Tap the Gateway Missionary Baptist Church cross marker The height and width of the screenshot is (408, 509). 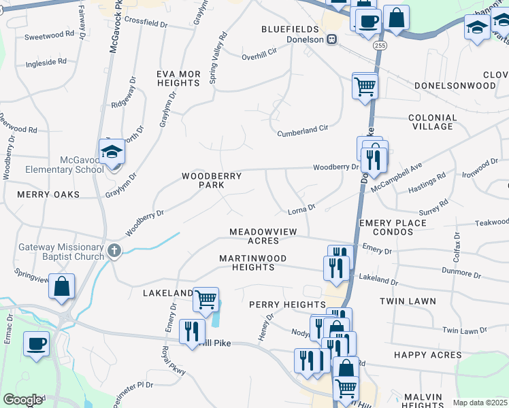pos(114,250)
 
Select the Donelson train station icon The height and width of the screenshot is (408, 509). pos(332,39)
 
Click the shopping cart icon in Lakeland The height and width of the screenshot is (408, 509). pos(205,298)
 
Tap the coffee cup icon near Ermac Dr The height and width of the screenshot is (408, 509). pos(36,343)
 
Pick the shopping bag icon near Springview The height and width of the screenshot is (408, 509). pos(61,286)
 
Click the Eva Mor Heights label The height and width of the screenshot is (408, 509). pos(178,78)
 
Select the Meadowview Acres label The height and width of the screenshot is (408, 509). pos(263,236)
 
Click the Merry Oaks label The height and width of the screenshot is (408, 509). pos(49,194)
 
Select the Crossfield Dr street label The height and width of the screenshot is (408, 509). pos(146,23)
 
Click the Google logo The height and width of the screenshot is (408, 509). pos(22,400)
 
